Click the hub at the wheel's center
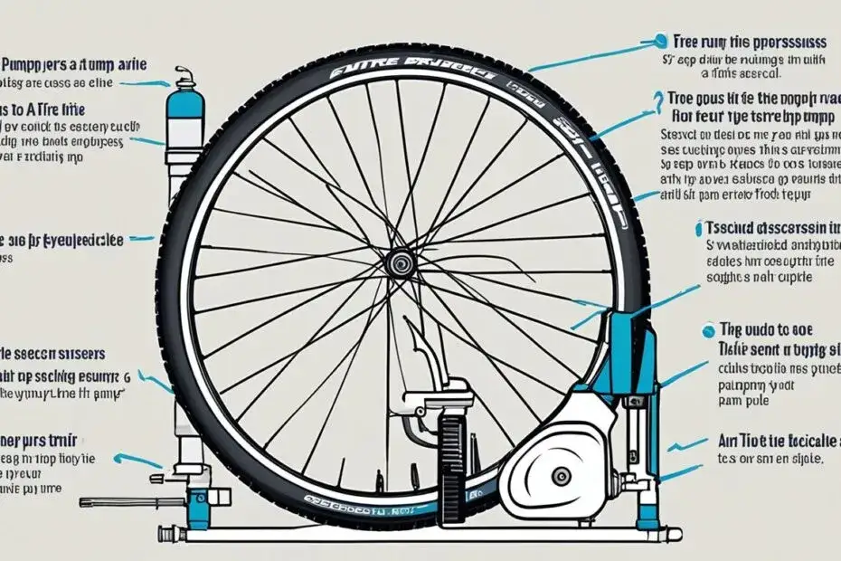pos(399,262)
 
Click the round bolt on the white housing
pos(562,475)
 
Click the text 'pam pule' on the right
pos(738,397)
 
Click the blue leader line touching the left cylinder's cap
pos(149,84)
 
